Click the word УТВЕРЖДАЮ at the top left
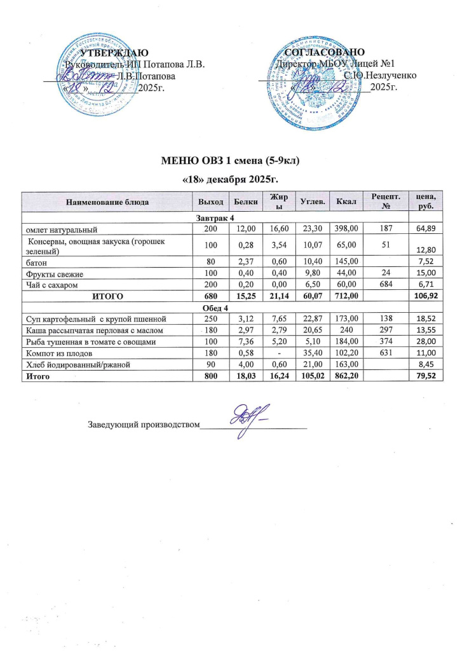[114, 53]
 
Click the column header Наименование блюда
[107, 202]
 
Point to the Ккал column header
[351, 202]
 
